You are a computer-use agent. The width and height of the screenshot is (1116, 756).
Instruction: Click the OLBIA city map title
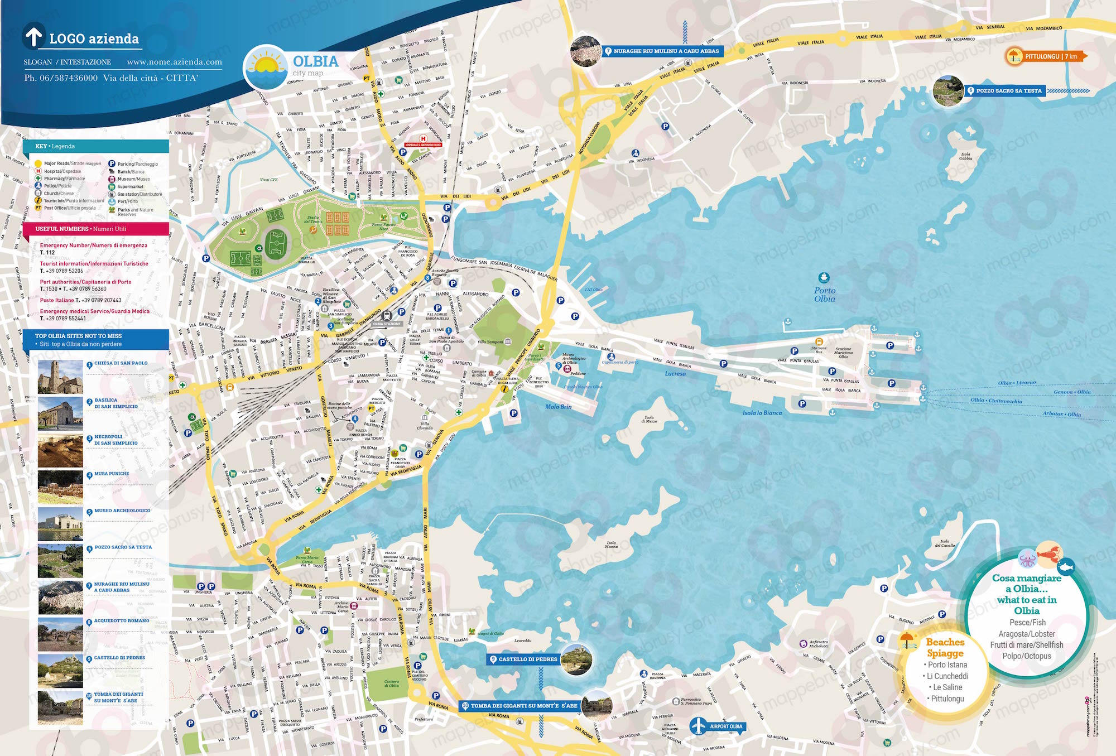(316, 61)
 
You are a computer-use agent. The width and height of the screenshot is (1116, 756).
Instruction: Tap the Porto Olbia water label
(825, 295)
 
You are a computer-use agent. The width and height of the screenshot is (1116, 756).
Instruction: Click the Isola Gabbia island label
(965, 156)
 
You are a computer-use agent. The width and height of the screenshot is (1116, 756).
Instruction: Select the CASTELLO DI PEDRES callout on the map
(527, 659)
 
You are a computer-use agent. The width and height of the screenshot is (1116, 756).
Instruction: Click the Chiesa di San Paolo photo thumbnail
(60, 377)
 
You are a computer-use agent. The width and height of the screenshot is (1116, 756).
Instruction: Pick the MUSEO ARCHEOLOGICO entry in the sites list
(122, 511)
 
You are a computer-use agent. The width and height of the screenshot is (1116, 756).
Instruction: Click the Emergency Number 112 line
(93, 249)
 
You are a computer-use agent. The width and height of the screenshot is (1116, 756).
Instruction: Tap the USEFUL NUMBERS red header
(95, 229)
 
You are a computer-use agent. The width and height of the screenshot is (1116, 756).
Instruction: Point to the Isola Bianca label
(762, 413)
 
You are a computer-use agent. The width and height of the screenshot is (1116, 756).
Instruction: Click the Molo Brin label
(558, 407)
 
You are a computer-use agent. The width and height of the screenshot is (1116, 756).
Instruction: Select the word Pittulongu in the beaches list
(947, 699)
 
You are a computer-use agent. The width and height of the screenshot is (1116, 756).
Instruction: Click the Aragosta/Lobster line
(1027, 634)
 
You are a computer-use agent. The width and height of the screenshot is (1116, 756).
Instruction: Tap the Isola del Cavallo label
(945, 543)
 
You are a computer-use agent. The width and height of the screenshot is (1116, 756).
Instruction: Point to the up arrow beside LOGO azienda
(34, 36)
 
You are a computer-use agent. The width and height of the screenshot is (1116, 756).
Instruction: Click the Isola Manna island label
(612, 544)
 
